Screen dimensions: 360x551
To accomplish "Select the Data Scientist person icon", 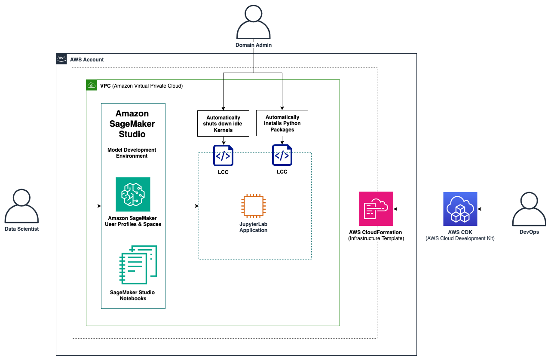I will pyautogui.click(x=21, y=206).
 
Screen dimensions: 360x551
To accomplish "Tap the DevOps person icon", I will pyautogui.click(x=529, y=209).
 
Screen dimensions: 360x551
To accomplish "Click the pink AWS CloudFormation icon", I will pyautogui.click(x=376, y=209).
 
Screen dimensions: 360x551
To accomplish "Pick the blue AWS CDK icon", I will pyautogui.click(x=460, y=209).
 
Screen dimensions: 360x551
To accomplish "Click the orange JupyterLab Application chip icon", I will pyautogui.click(x=253, y=206).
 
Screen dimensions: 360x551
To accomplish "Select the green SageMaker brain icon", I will pyautogui.click(x=133, y=194).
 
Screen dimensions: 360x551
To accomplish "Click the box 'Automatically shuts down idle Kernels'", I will pyautogui.click(x=223, y=124).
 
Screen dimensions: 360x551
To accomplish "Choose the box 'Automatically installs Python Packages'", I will pyautogui.click(x=282, y=123).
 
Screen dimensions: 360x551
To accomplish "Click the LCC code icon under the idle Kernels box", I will pyautogui.click(x=223, y=156).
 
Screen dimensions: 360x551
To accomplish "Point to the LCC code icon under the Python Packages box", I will pyautogui.click(x=282, y=155).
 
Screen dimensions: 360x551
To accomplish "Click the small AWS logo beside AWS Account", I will pyautogui.click(x=61, y=59).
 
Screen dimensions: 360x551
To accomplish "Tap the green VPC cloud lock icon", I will pyautogui.click(x=92, y=85).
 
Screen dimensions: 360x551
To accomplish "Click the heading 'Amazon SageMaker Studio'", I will pyautogui.click(x=132, y=124).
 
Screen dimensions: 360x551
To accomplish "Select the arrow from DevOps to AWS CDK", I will pyautogui.click(x=495, y=209).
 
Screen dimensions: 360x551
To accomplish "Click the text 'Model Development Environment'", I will pyautogui.click(x=132, y=153).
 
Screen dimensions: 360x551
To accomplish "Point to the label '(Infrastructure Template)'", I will pyautogui.click(x=376, y=238).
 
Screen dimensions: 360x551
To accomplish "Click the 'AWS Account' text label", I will pyautogui.click(x=87, y=60).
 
